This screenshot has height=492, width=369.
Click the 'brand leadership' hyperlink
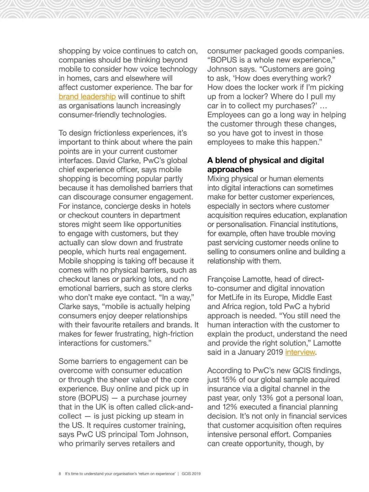point(87,97)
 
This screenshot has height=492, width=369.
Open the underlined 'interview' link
point(300,353)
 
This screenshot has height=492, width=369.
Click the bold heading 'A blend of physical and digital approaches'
point(265,165)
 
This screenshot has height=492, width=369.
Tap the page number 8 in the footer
point(60,474)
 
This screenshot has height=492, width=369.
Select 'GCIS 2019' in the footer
point(191,474)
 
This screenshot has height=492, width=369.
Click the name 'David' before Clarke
point(107,161)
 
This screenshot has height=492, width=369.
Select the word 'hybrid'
point(319,307)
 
